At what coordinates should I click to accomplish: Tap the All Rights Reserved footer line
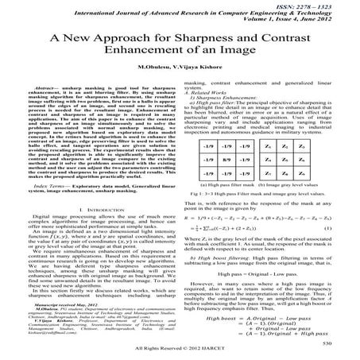[180, 350]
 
